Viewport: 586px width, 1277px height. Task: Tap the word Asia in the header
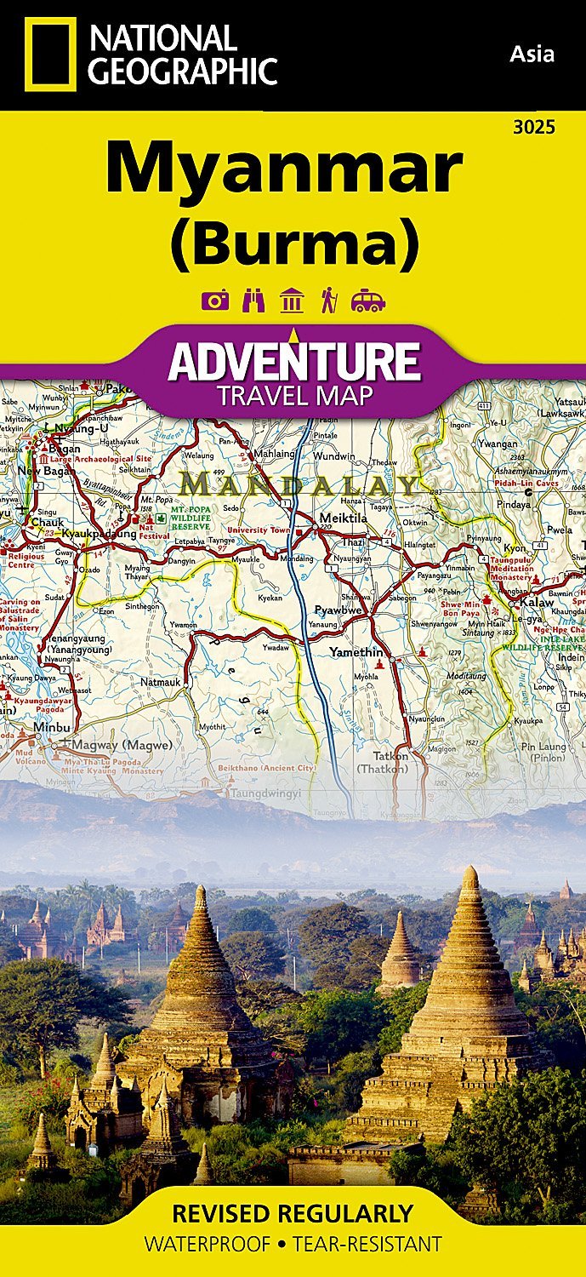coord(532,54)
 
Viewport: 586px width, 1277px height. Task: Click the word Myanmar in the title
coord(284,169)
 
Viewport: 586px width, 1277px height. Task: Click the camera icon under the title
coord(215,301)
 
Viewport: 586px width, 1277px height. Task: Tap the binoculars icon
coord(253,301)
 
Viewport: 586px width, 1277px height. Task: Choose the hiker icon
coord(329,301)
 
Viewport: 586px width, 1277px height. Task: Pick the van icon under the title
coord(368,301)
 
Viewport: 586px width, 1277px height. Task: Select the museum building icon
coord(292,301)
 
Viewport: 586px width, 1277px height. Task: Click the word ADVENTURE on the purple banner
coord(294,362)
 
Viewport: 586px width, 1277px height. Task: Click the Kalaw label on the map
coord(538,603)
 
